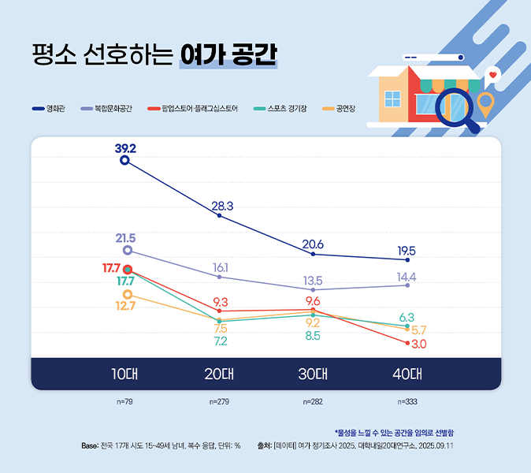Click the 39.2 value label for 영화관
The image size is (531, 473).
(125, 148)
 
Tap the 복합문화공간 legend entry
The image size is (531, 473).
(110, 108)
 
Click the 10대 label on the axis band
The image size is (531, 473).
(125, 374)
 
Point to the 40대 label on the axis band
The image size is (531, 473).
(407, 374)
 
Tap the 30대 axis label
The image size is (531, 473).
(313, 374)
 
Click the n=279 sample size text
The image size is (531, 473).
(219, 402)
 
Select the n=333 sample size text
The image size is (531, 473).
(407, 402)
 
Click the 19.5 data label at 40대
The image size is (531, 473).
(407, 250)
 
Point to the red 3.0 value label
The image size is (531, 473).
(419, 345)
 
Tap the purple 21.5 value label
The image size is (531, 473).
(126, 237)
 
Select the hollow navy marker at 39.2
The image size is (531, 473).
(124, 161)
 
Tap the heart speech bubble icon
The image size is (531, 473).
(492, 75)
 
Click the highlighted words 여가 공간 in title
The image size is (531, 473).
(228, 56)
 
